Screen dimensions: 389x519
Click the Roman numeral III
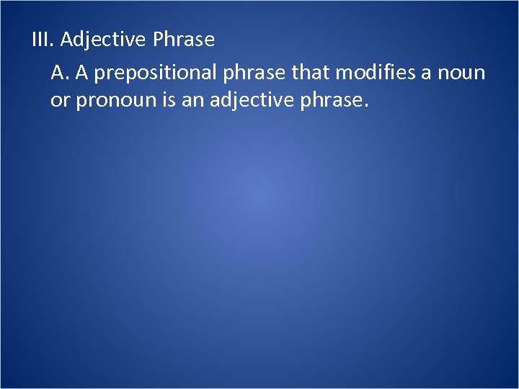(43, 40)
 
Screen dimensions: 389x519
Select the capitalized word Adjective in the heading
(104, 40)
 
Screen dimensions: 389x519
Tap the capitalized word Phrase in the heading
(184, 40)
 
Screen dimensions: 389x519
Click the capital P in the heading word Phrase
(159, 40)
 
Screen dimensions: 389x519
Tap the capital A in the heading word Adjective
(66, 40)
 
